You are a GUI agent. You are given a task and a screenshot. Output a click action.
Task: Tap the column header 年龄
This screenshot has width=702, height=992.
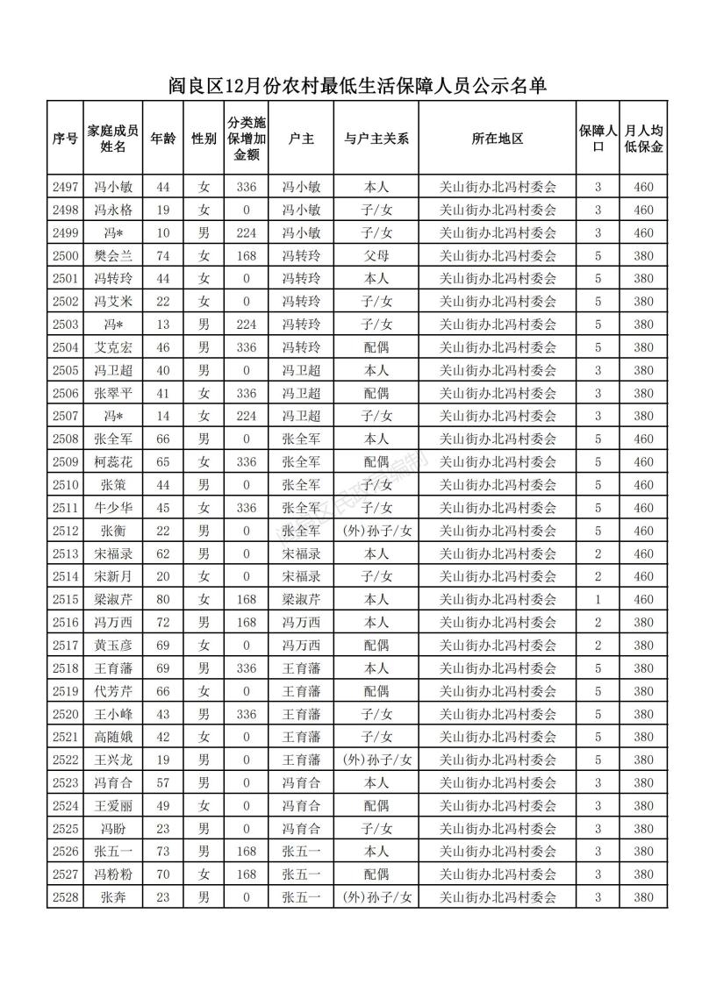pos(162,139)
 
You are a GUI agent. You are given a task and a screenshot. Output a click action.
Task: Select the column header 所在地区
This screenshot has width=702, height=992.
pos(498,139)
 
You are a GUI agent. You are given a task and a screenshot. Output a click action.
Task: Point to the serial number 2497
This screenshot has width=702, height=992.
pos(66,187)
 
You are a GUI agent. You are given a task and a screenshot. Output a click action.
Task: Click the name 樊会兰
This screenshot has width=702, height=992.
pos(113,255)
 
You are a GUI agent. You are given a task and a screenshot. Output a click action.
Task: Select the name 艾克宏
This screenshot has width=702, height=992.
pos(113,347)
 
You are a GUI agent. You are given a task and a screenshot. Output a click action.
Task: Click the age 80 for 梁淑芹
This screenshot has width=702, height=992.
pos(162,599)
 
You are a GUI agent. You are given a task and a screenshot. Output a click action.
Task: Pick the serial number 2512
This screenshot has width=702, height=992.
pos(66,531)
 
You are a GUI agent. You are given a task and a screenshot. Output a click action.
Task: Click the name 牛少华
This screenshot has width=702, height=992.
pos(113,508)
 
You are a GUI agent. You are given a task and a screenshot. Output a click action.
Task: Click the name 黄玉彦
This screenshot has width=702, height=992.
pos(113,645)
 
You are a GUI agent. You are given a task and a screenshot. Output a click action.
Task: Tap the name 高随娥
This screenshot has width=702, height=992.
pos(113,737)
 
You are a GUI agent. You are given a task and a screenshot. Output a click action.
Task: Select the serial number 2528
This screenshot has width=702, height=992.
pos(66,897)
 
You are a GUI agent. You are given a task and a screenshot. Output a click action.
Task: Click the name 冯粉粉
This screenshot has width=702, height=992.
pos(113,874)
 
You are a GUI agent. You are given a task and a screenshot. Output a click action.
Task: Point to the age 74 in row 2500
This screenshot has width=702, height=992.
pos(162,255)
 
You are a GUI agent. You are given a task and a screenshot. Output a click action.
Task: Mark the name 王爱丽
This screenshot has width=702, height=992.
pos(113,805)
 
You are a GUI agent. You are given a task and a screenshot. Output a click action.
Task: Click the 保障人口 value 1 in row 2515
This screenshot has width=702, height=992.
pos(598,599)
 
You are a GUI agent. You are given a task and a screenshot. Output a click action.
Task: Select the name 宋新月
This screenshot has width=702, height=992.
pos(113,576)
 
